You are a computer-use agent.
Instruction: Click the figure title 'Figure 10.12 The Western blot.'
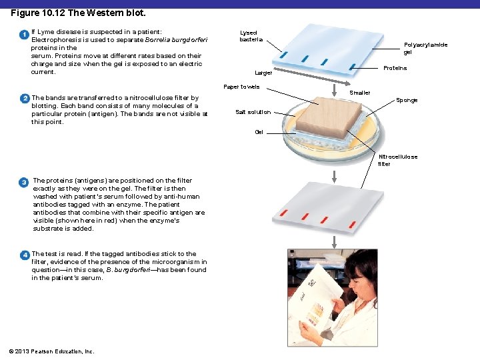pos(78,13)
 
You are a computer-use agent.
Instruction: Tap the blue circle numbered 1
pos(24,35)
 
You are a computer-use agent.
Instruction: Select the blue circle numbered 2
pos(25,99)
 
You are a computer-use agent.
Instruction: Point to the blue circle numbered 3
pos(23,183)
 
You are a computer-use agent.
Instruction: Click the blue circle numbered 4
pos(25,255)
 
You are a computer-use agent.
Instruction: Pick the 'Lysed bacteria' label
pos(251,36)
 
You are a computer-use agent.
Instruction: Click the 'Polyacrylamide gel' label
pos(425,49)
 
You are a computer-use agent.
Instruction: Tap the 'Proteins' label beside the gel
pos(395,68)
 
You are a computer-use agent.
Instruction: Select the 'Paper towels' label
pos(241,87)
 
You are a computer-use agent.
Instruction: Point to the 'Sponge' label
pos(407,101)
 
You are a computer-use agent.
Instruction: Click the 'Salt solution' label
pos(253,112)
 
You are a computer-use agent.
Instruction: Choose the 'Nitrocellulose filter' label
pos(397,160)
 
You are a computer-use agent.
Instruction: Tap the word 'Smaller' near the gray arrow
pos(360,93)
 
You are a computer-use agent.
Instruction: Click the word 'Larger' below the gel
pos(263,73)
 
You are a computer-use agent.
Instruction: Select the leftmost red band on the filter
pos(284,213)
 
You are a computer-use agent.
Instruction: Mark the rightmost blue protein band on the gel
pos(353,67)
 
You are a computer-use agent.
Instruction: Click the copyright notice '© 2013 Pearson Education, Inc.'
pos(51,351)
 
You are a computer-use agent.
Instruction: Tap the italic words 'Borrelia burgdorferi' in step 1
pos(176,40)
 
